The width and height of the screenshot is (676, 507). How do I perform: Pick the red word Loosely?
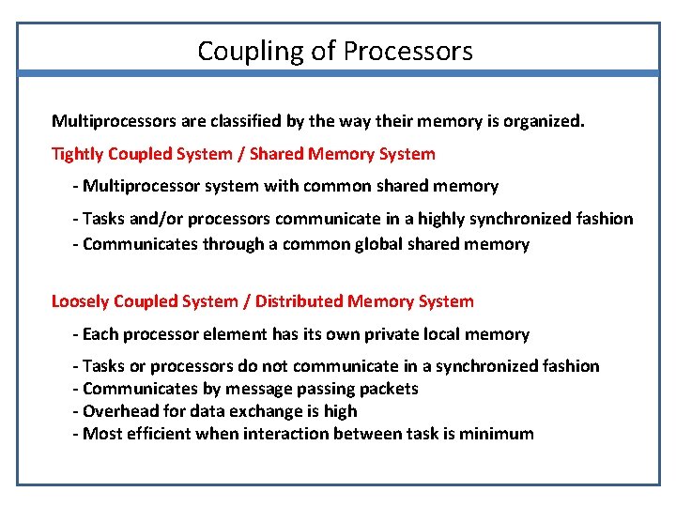pos(80,301)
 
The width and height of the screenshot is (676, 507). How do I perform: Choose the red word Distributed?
pos(299,301)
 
